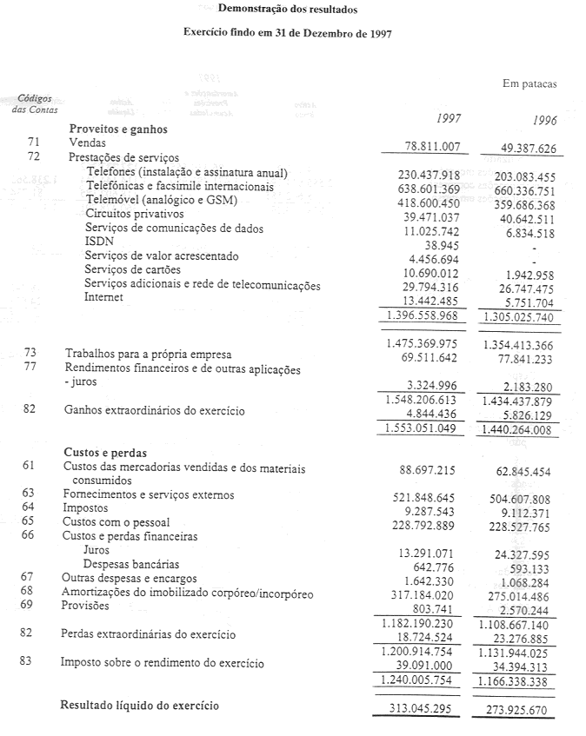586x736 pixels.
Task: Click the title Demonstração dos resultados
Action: click(x=287, y=10)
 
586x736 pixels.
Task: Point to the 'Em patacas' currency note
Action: click(x=529, y=84)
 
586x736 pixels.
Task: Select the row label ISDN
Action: click(x=98, y=242)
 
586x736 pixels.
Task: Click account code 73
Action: click(x=31, y=353)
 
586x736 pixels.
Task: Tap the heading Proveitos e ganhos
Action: click(x=118, y=129)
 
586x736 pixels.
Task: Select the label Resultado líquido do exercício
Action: click(x=139, y=705)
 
